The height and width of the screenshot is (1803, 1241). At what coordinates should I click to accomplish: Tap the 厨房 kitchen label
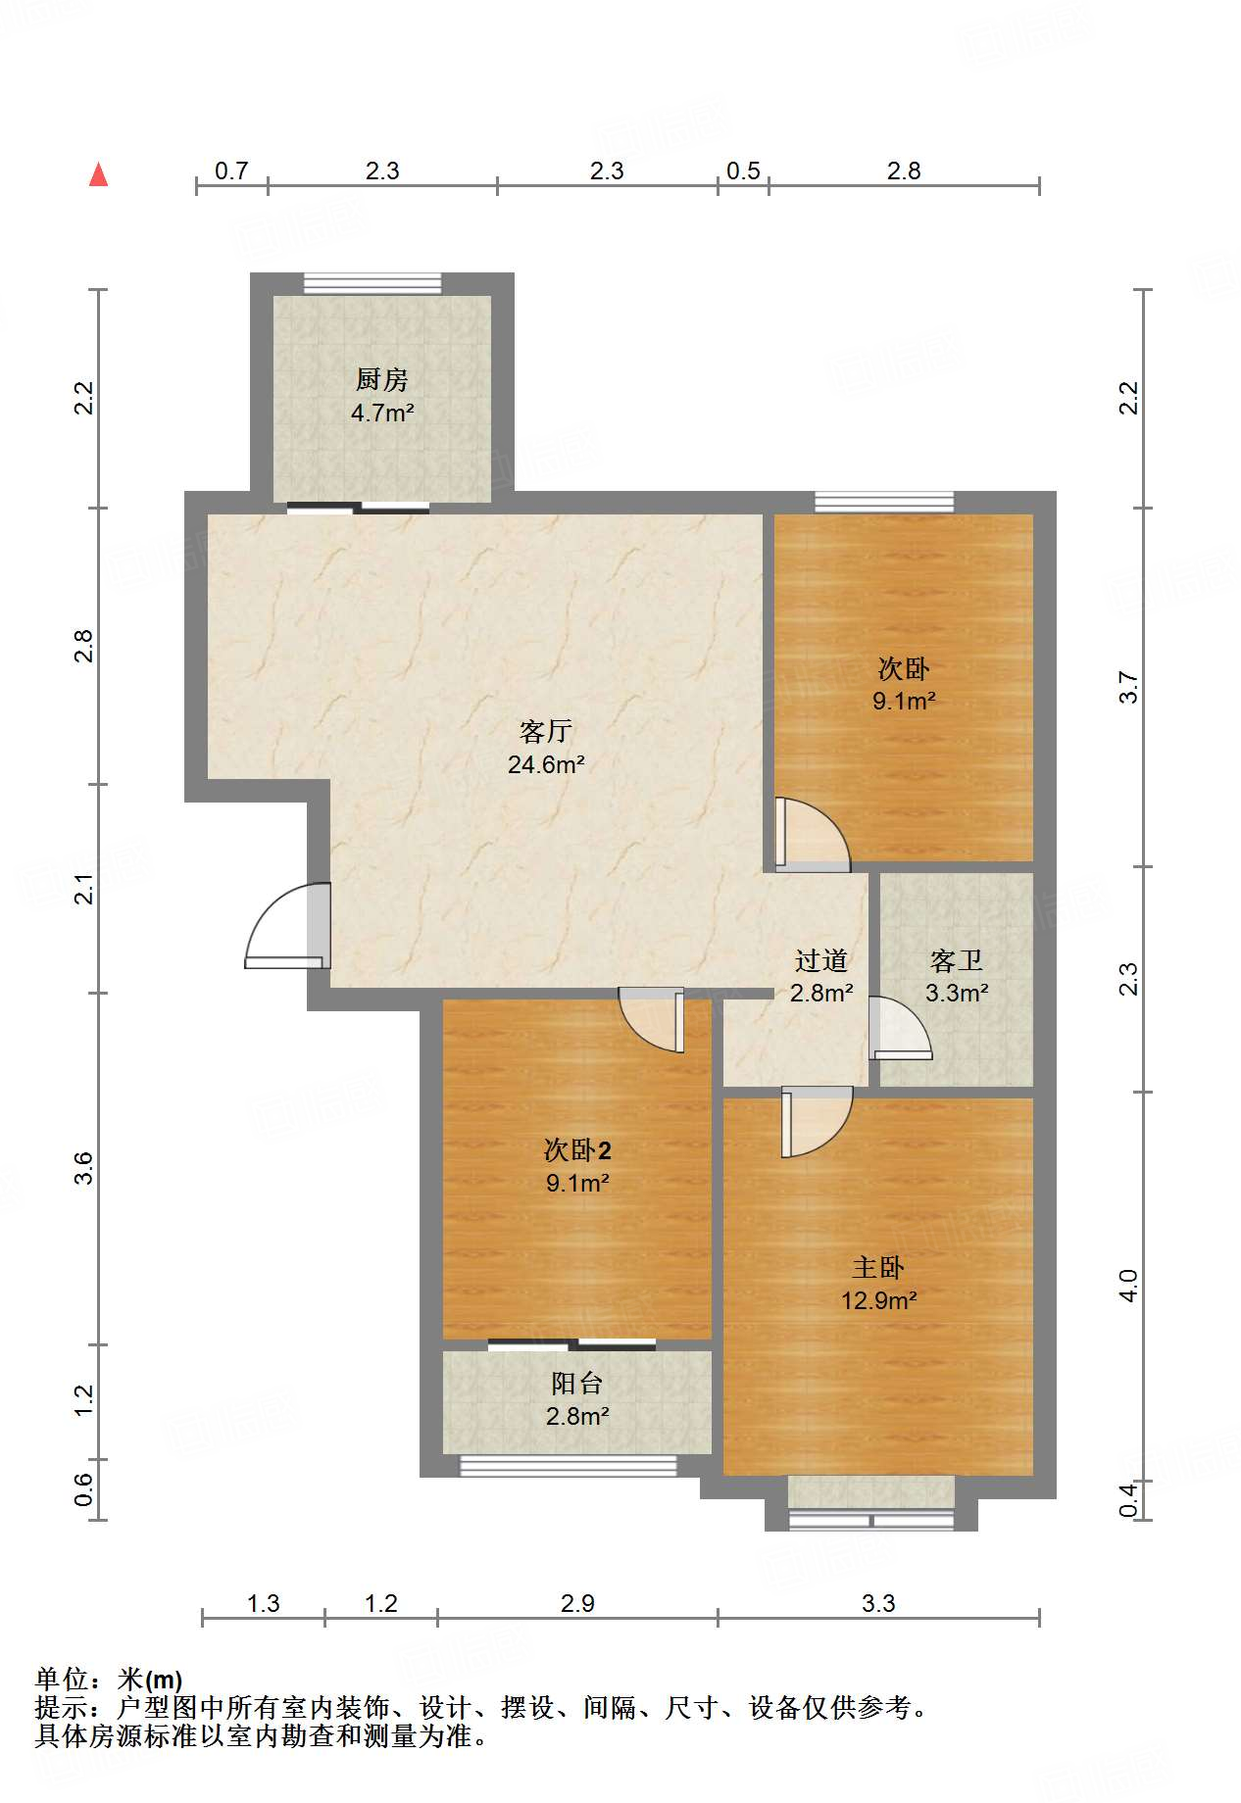pos(381,379)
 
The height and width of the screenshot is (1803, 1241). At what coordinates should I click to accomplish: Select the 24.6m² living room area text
pos(546,764)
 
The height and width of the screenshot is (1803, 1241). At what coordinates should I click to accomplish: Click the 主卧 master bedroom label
pos(878,1268)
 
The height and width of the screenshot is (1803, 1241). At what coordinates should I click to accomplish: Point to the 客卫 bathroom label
pos(956,960)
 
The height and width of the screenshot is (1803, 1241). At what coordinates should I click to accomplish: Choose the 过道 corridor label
pos(820,960)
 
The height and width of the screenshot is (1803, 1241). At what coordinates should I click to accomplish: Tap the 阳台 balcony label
pos(576,1384)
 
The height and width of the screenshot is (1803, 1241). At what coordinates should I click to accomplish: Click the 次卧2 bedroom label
pos(577,1150)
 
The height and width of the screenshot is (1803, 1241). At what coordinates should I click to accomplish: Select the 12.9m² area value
pos(878,1300)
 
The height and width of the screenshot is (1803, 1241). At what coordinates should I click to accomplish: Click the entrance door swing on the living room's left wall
pos(287,926)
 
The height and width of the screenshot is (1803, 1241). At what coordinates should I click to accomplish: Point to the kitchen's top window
pos(372,283)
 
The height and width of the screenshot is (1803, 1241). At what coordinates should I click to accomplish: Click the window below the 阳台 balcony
pos(569,1466)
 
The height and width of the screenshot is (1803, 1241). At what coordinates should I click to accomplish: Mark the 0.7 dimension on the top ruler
pos(231,171)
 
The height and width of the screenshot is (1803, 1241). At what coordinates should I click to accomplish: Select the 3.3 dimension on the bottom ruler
pos(878,1603)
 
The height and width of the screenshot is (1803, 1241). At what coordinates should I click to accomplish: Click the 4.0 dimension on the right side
pos(1128,1286)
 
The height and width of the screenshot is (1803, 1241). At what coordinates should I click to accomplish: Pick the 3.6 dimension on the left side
pos(84,1168)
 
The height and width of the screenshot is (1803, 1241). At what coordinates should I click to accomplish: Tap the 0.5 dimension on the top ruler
pos(743,171)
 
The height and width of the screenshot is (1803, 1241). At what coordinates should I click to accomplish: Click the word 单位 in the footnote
pos(62,1681)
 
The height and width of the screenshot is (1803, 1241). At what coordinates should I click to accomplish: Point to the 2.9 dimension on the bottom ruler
pos(577,1603)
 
